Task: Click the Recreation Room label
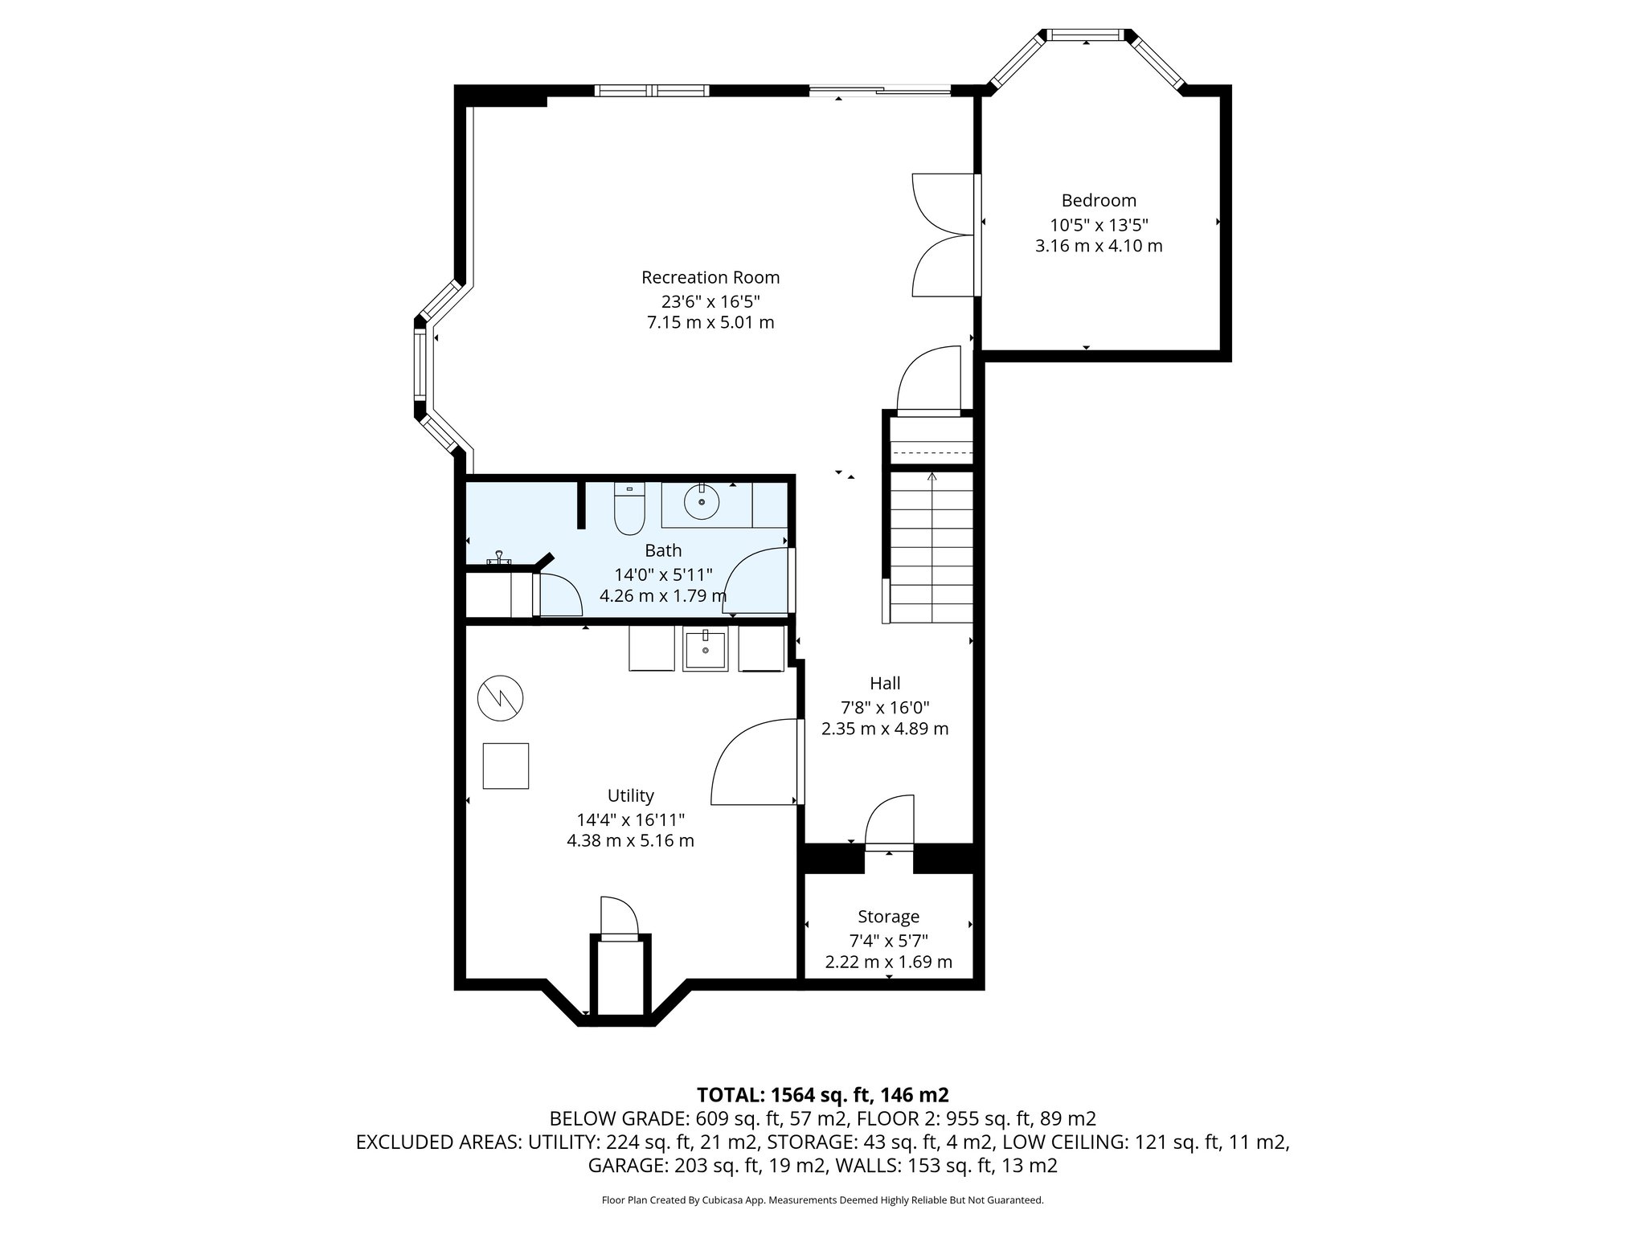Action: coord(710,278)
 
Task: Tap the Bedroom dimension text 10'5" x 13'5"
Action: coord(1098,225)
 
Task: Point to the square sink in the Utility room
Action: coord(705,650)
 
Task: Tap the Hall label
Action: coord(884,684)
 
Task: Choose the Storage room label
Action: coord(888,917)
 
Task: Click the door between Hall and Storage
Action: coord(890,827)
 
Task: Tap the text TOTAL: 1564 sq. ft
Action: coord(822,1095)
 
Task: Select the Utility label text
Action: coord(630,796)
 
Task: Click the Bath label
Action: coord(663,551)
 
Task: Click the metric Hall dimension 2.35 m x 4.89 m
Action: coord(884,729)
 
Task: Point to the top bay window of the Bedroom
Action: coord(1085,35)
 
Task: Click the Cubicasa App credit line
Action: coord(822,1200)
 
